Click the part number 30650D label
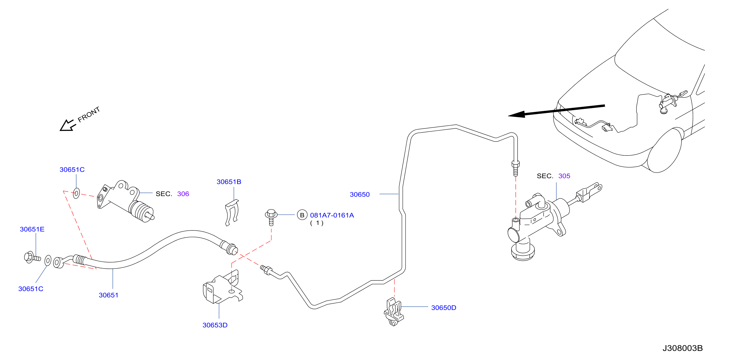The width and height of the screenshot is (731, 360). click(x=444, y=308)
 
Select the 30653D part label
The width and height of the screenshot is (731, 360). click(x=215, y=325)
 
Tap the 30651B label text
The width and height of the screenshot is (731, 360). click(x=229, y=182)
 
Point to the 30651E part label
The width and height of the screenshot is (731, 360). click(x=32, y=229)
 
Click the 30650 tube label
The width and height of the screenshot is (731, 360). click(x=359, y=195)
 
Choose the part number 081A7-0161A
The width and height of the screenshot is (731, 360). click(x=332, y=215)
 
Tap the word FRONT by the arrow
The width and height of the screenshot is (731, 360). click(x=89, y=115)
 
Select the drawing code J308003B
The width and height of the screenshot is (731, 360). click(x=682, y=348)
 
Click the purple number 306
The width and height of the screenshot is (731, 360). click(x=183, y=194)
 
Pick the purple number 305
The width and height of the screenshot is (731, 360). click(x=564, y=176)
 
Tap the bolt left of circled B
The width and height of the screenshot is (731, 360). click(x=271, y=217)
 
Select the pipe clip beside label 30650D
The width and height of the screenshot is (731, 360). click(x=393, y=312)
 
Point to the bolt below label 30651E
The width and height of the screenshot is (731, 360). click(x=32, y=257)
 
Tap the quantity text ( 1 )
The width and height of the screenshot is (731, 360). click(x=317, y=223)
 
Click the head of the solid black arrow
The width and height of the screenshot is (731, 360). click(x=516, y=114)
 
